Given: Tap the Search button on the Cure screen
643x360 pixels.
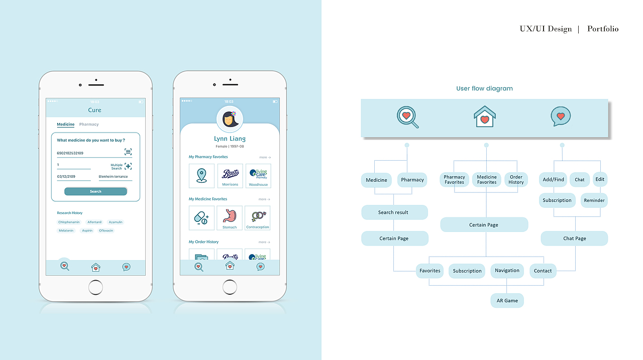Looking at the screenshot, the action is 95,191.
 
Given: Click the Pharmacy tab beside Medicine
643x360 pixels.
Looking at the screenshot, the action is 89,125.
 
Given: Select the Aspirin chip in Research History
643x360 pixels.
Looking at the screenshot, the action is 87,230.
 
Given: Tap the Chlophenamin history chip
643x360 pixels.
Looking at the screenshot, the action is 69,222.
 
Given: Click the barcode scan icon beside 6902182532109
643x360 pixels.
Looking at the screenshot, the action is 128,152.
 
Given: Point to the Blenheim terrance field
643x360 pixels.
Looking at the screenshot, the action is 114,177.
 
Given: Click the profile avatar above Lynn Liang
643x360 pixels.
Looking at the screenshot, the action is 230,119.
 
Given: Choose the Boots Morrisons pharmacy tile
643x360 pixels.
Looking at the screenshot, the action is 230,176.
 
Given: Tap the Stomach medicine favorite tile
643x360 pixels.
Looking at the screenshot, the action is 230,218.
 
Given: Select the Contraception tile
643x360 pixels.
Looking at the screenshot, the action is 258,218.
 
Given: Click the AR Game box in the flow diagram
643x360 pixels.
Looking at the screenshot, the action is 507,301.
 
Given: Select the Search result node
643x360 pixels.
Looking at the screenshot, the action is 394,212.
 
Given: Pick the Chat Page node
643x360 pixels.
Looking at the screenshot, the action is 574,238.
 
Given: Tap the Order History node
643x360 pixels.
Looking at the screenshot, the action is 516,180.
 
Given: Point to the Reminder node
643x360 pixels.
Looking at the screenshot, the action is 594,200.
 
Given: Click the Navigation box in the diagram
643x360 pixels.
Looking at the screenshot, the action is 507,271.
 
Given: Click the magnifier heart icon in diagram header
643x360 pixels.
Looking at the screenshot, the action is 407,117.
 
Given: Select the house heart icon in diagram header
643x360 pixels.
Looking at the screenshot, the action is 485,116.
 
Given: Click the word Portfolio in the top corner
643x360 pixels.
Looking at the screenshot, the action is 603,29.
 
